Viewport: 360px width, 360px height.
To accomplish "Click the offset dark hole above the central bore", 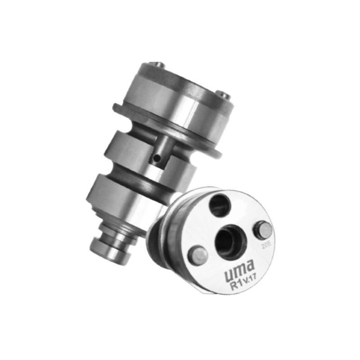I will click(220, 205).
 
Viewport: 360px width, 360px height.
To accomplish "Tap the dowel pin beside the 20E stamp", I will click(263, 230).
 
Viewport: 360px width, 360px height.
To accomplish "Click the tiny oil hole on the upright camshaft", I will click(157, 158).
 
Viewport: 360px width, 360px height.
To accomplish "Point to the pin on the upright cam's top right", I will click(223, 95).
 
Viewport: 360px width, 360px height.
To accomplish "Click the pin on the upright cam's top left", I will click(157, 65).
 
